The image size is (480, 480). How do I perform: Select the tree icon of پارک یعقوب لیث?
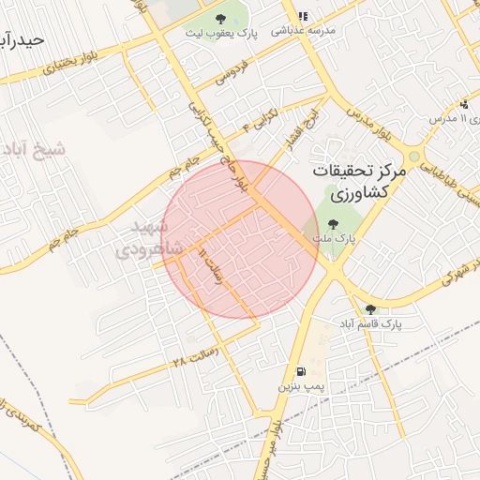tap(219, 19)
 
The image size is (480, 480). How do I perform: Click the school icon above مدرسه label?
tap(302, 16)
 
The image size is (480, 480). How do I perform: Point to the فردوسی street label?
tap(234, 73)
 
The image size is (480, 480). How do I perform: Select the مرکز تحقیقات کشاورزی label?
tap(357, 182)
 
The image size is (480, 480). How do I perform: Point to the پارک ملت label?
tap(333, 238)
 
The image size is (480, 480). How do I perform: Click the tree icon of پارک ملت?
tap(333, 223)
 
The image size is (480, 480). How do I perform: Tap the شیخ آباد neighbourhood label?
tap(36, 150)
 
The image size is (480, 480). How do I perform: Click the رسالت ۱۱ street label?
tap(213, 267)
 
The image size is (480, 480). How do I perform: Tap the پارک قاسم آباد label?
tap(372, 323)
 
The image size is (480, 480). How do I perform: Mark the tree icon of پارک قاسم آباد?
tap(370, 308)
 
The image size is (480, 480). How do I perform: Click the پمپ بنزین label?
tap(299, 385)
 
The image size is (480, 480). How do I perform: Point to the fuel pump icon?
tap(299, 370)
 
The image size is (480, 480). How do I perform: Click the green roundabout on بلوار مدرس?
tap(413, 157)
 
